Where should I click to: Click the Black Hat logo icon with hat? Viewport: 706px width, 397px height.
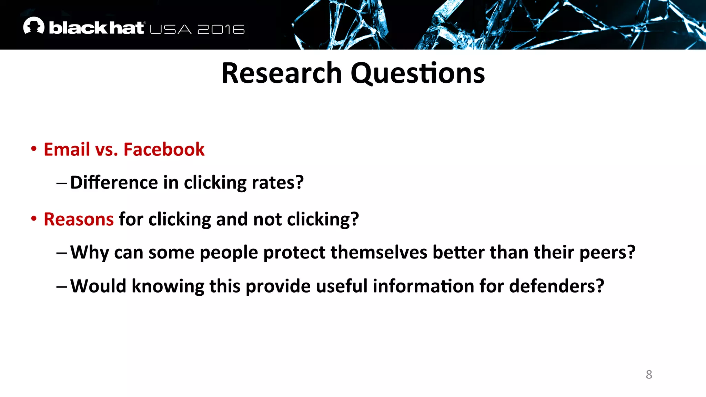[x=33, y=26]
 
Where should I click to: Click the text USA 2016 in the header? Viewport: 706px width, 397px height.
[x=197, y=30]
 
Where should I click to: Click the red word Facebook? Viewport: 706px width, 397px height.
[x=164, y=150]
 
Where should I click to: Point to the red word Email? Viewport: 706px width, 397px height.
[x=67, y=150]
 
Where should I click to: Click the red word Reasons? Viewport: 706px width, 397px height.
[x=79, y=220]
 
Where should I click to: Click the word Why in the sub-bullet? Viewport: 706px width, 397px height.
[x=90, y=253]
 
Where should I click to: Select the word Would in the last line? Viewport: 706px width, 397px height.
[x=98, y=286]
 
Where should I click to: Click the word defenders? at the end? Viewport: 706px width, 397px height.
[x=556, y=286]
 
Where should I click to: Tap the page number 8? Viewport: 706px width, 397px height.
[x=649, y=375]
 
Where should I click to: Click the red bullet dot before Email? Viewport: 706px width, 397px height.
[x=34, y=149]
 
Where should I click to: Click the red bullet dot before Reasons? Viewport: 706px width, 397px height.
[x=34, y=219]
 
